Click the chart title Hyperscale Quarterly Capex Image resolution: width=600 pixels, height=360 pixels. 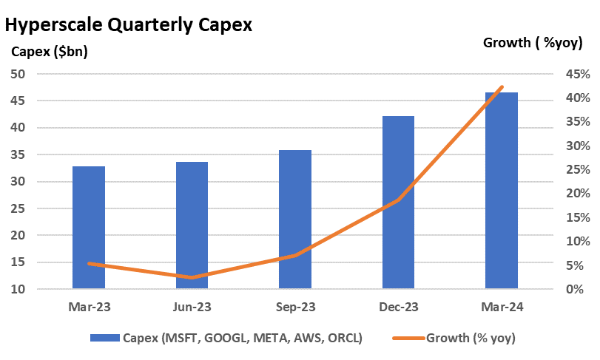pos(129,24)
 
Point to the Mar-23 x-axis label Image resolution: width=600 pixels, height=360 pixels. pos(89,306)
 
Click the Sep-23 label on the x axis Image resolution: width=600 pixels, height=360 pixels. pos(295,306)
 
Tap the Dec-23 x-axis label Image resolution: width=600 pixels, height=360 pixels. pos(398,306)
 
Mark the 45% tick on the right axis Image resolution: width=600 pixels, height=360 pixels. pos(578,74)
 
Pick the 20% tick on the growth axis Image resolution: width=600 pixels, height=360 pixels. pos(578,194)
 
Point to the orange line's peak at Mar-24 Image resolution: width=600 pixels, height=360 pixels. pos(502,87)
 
